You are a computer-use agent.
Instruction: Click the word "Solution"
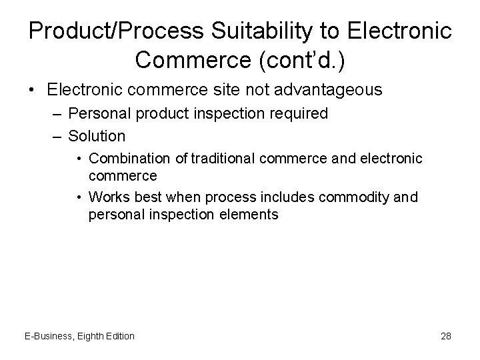click(x=97, y=136)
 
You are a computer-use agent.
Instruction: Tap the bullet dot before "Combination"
click(x=79, y=158)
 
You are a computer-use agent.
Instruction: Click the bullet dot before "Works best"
click(x=79, y=197)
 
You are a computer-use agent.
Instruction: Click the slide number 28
click(x=445, y=336)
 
